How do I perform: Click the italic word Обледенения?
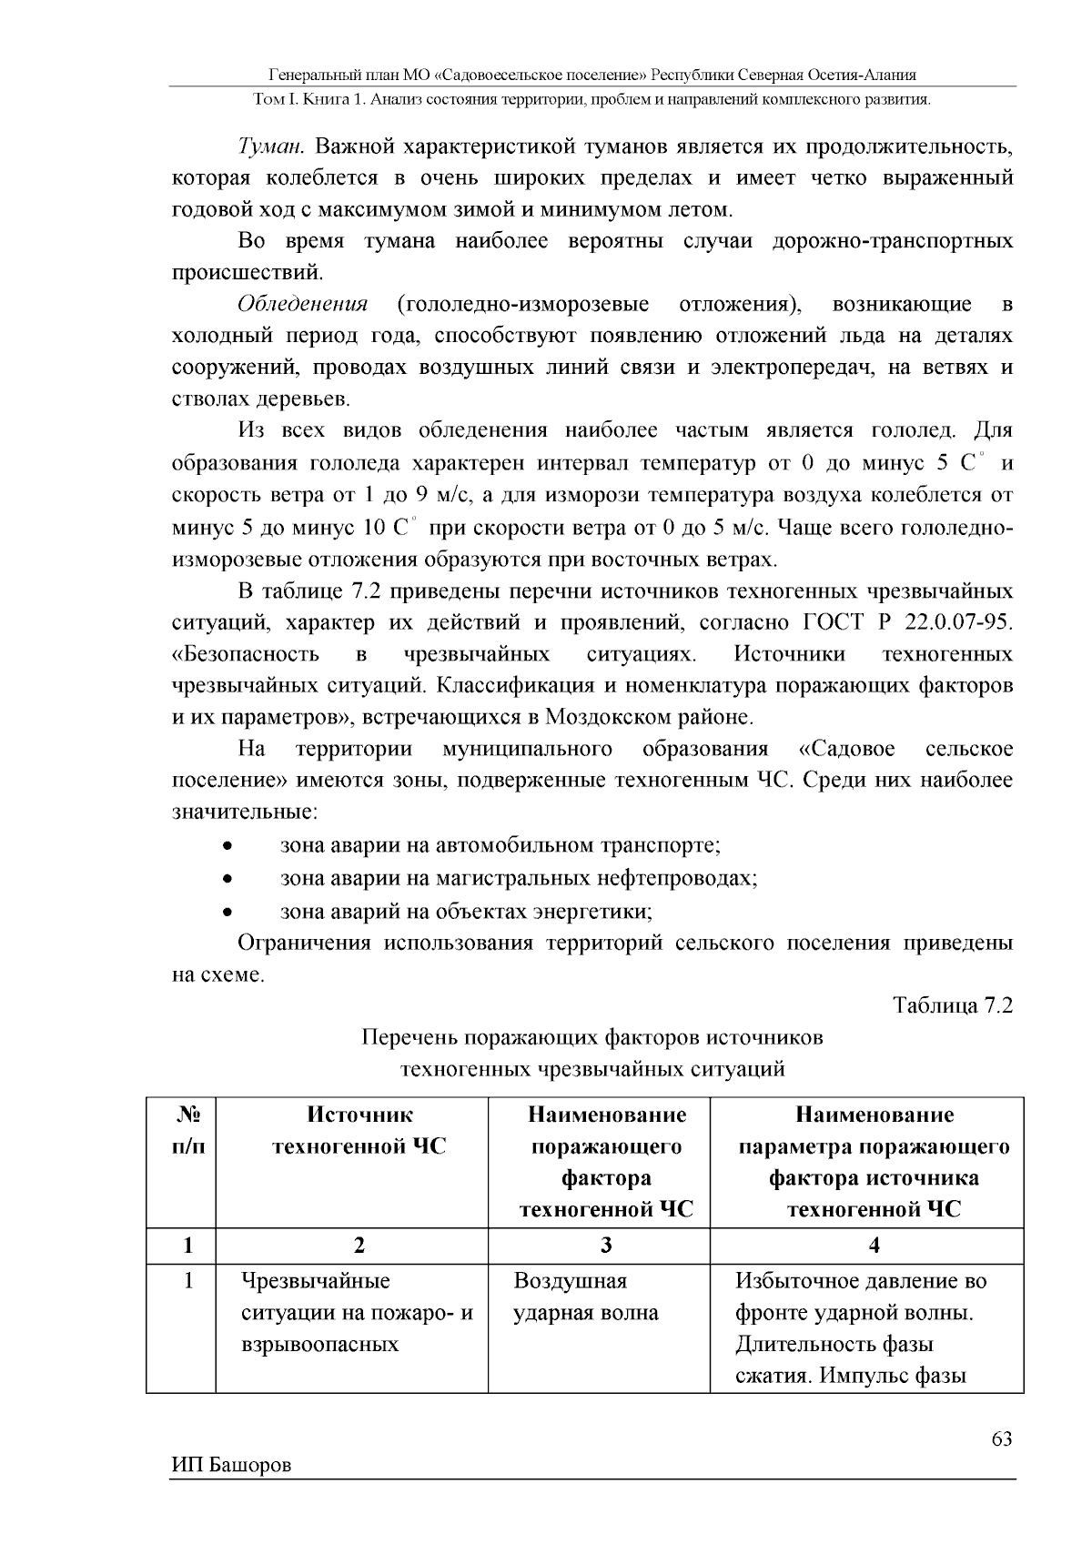pyautogui.click(x=303, y=304)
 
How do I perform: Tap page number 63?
pyautogui.click(x=1001, y=1438)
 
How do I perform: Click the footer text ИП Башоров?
pyautogui.click(x=231, y=1464)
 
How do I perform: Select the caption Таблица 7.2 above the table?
pyautogui.click(x=953, y=1005)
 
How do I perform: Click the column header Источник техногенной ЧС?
pyautogui.click(x=359, y=1131)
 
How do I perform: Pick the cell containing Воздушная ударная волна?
pyautogui.click(x=586, y=1297)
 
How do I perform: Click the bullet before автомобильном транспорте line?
pyautogui.click(x=227, y=847)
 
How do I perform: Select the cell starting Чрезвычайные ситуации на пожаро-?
pyautogui.click(x=357, y=1313)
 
